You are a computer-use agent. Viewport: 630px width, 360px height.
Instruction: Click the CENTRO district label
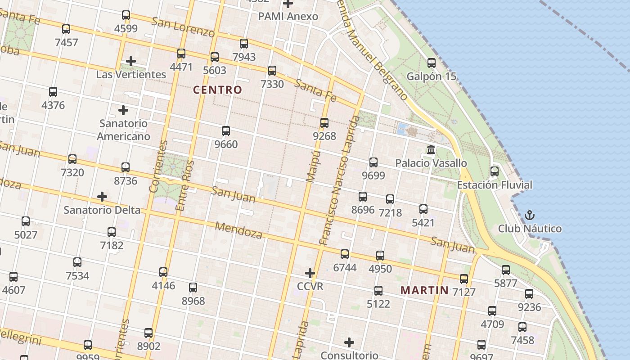click(x=217, y=90)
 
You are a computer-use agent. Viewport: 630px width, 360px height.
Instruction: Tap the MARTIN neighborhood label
click(x=424, y=290)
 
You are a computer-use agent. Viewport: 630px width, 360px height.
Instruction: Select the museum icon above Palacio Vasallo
click(x=431, y=149)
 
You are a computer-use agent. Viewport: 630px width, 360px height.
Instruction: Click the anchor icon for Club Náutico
click(x=530, y=215)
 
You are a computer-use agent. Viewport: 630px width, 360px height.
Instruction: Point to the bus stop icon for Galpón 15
click(x=432, y=63)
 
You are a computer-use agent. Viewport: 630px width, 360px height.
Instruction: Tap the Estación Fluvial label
click(x=494, y=185)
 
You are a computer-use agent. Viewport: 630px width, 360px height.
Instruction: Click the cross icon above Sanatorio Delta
click(x=102, y=197)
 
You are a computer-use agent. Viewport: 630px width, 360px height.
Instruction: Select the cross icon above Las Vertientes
click(x=131, y=61)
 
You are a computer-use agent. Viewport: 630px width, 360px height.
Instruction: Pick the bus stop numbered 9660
click(x=226, y=131)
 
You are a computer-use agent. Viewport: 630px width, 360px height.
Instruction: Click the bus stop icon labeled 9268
click(x=324, y=122)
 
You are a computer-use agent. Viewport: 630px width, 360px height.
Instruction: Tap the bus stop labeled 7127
click(x=464, y=279)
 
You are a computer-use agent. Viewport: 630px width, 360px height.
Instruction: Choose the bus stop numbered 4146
click(x=163, y=272)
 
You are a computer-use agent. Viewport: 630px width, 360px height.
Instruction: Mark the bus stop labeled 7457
click(x=66, y=29)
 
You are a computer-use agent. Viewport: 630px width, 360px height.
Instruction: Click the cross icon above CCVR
click(x=310, y=273)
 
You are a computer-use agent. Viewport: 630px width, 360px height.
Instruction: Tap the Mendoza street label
click(x=238, y=230)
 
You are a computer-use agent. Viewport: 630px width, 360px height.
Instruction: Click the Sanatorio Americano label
click(x=123, y=130)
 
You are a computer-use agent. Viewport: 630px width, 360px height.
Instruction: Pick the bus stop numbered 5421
click(x=423, y=209)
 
